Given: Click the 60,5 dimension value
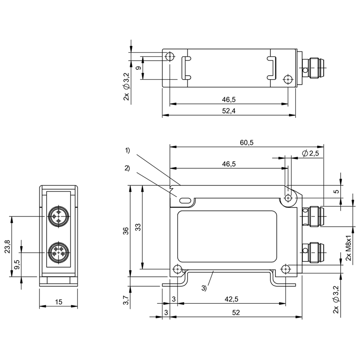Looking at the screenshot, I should click(x=247, y=143).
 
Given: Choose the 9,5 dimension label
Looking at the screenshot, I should click(x=17, y=265).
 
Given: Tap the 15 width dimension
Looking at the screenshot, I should click(x=58, y=302).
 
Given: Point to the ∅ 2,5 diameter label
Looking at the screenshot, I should click(x=310, y=154).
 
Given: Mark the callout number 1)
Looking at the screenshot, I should click(x=128, y=150).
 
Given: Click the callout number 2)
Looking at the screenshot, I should click(x=127, y=168).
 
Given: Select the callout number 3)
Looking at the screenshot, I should click(x=205, y=288).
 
